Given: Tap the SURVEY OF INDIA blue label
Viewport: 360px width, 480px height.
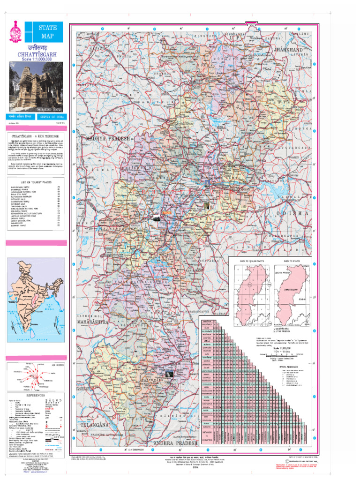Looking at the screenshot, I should (52, 116).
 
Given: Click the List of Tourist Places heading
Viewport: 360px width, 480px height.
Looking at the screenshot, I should (35, 181).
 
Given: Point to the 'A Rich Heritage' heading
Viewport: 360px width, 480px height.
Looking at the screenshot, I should (36, 135).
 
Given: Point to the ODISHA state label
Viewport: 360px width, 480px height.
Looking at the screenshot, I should (293, 213).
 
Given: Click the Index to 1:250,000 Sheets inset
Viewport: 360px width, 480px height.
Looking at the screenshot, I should (252, 295).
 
